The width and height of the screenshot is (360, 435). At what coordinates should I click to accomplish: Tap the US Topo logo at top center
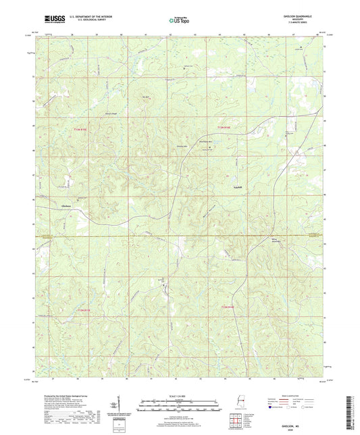[x=179, y=20]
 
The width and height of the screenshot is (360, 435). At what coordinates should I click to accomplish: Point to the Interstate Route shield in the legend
[x=275, y=408]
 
